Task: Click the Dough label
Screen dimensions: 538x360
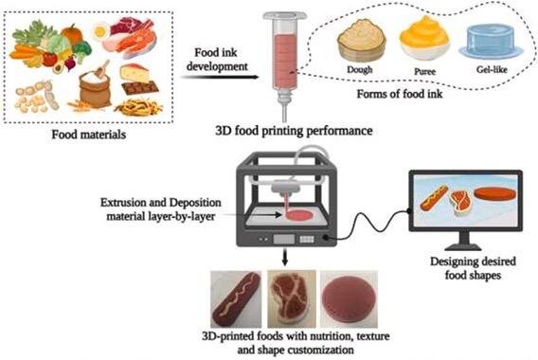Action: click(x=359, y=70)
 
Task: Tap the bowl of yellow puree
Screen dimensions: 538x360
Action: click(x=424, y=38)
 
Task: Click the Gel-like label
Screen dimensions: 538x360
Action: click(x=492, y=70)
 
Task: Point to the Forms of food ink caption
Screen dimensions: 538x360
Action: click(x=400, y=94)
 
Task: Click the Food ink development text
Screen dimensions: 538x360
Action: click(x=217, y=59)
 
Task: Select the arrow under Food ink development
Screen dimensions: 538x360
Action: click(x=220, y=77)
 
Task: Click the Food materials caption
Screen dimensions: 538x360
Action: click(x=88, y=135)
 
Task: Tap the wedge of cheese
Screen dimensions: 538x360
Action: click(x=134, y=73)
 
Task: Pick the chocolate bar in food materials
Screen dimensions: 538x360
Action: click(x=140, y=88)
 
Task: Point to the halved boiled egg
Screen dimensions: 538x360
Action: click(x=100, y=31)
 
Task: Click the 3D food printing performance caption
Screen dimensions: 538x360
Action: click(x=294, y=131)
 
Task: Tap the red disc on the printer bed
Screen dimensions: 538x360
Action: click(x=299, y=215)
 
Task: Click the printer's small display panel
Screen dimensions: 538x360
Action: click(x=284, y=239)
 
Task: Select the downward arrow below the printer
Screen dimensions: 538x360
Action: click(x=284, y=257)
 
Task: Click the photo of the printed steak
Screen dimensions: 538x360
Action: click(x=292, y=298)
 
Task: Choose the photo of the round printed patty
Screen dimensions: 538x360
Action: click(x=349, y=299)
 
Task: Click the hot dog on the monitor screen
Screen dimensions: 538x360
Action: click(x=434, y=198)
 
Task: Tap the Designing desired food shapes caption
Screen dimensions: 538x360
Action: click(x=473, y=268)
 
